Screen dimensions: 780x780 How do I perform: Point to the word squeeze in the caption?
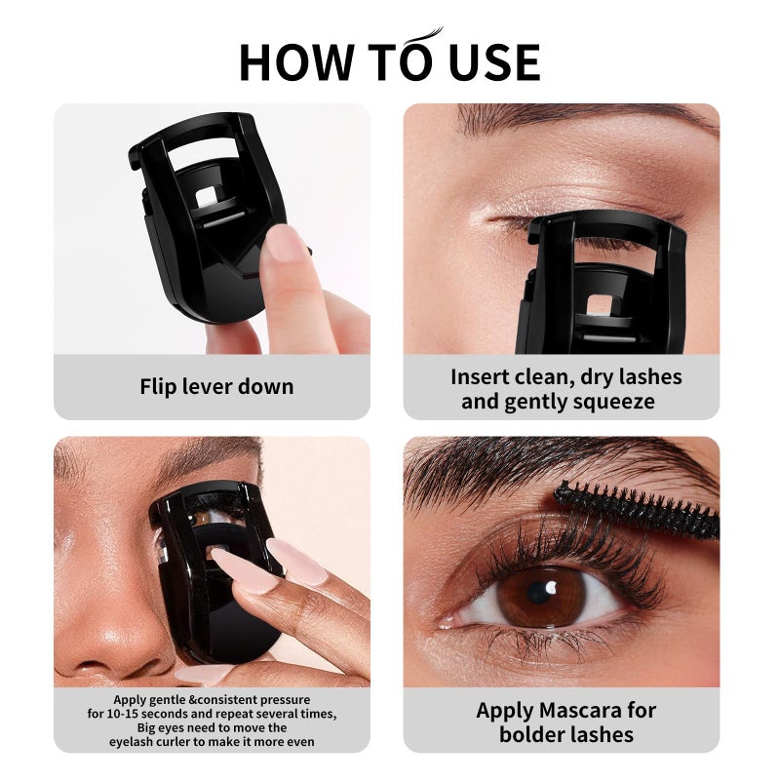608,402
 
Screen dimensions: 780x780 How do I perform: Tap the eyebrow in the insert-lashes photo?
585,121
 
